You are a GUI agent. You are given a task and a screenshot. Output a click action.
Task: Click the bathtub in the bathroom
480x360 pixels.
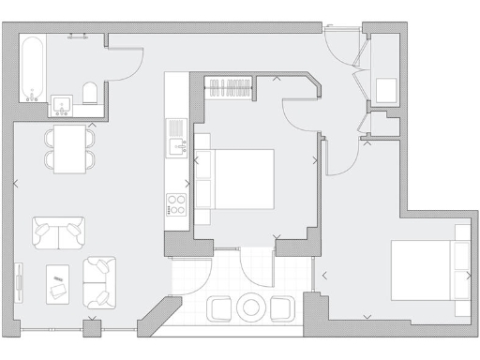coord(33,68)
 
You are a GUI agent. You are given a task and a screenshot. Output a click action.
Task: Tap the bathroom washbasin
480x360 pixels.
coord(64,102)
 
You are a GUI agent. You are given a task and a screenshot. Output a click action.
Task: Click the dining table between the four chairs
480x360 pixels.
coord(69,149)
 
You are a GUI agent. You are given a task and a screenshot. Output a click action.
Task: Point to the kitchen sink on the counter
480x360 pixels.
coord(176,144)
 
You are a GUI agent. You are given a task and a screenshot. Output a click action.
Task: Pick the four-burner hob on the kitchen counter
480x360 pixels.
coord(176,203)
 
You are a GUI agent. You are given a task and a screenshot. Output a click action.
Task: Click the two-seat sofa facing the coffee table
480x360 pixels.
coord(58,232)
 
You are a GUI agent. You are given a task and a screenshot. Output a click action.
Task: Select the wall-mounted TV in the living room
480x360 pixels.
coord(18,281)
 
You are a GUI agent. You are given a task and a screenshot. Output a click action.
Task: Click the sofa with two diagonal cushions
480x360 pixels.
coord(98,282)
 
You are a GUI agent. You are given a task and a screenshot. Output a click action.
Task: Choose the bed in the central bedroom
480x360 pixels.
coord(234,179)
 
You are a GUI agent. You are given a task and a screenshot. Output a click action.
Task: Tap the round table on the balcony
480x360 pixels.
coord(251,307)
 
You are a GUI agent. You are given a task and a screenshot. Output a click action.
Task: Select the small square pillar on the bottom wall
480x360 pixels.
coord(91,328)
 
